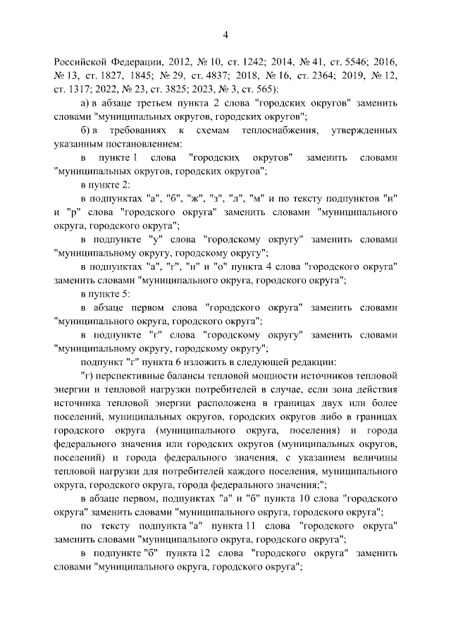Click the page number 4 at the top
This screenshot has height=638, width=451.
pos(225,35)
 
